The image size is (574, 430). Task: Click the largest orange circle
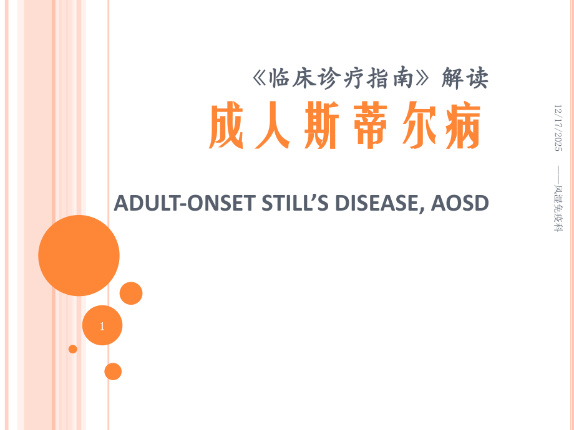(79, 256)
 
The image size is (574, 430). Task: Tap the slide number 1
(102, 325)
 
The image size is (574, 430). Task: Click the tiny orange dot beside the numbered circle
(73, 349)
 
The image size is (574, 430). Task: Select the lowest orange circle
(113, 371)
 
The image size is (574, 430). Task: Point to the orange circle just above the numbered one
(131, 293)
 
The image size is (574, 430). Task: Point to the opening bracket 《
(261, 78)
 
